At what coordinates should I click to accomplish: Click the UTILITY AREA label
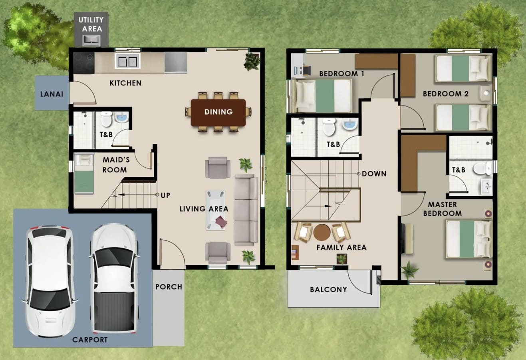click(x=91, y=24)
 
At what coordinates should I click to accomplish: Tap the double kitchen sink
click(x=127, y=61)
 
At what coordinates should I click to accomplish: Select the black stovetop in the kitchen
click(x=84, y=63)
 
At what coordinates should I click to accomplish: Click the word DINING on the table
click(x=218, y=112)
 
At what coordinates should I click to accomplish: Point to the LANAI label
click(x=52, y=94)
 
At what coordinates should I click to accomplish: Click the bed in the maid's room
click(x=84, y=174)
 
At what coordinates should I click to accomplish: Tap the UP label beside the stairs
click(x=166, y=195)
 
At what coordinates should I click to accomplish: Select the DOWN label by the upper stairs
click(x=374, y=174)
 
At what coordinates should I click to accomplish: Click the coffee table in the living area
click(x=216, y=210)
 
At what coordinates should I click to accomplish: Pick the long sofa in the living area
click(x=246, y=210)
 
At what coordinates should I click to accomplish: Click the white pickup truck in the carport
click(x=114, y=278)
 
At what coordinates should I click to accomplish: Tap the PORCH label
click(x=169, y=287)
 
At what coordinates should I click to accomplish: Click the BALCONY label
click(x=329, y=289)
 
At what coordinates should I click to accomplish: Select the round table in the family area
click(x=322, y=232)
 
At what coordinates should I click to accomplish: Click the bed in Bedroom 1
click(x=322, y=96)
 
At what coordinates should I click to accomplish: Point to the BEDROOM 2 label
click(x=446, y=94)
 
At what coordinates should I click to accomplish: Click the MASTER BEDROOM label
click(x=443, y=209)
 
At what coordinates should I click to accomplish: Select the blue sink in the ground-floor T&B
click(x=121, y=117)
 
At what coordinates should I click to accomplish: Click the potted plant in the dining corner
click(x=252, y=62)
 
